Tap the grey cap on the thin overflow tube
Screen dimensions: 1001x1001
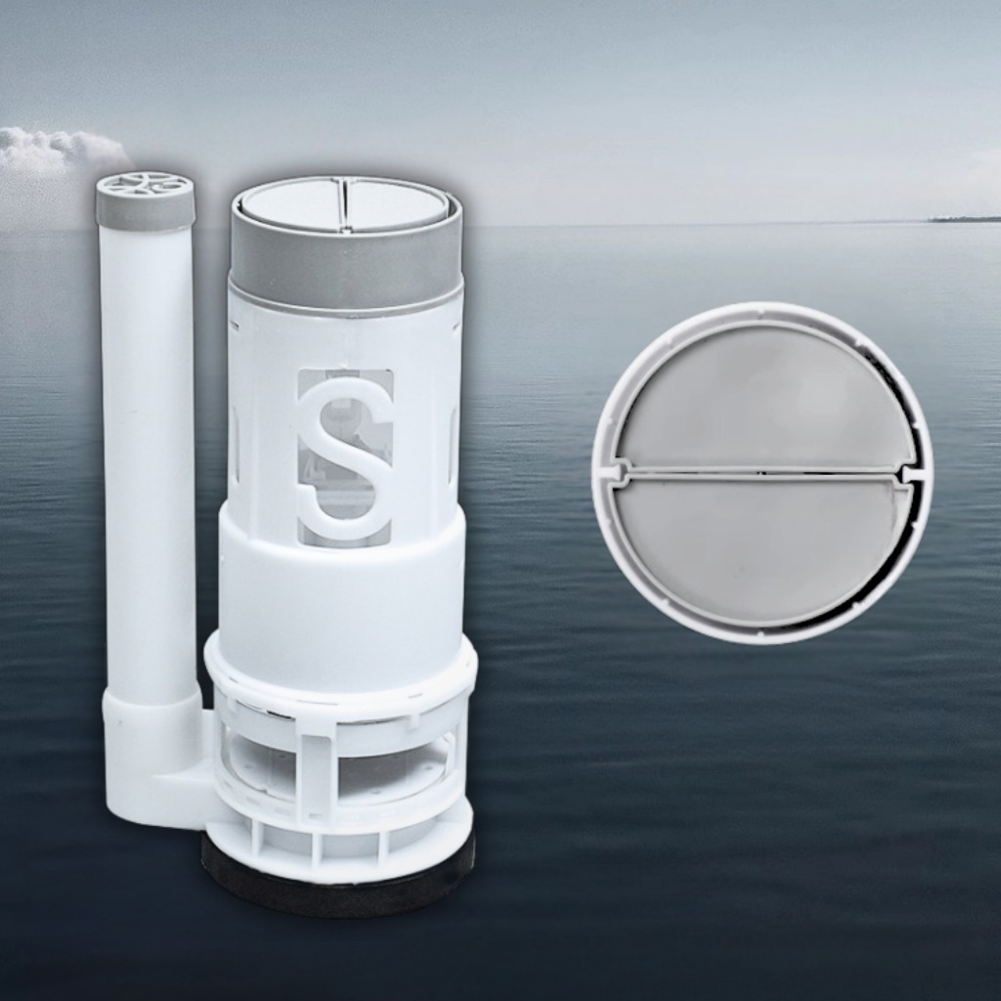(x=145, y=201)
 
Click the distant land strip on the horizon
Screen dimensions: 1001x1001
(x=965, y=219)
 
